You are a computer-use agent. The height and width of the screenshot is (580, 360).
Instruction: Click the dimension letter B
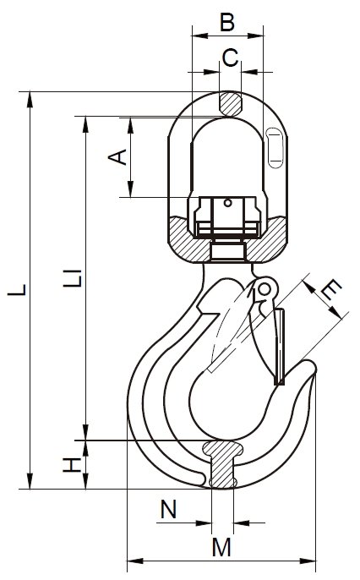tap(227, 21)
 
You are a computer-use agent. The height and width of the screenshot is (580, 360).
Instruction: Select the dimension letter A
tap(117, 157)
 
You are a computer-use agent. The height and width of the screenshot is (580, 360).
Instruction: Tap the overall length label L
tap(17, 290)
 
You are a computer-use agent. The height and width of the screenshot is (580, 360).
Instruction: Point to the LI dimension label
tap(73, 278)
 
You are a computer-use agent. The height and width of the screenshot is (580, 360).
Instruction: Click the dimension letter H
tap(72, 465)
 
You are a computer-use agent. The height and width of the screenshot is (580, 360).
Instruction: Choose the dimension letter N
tap(168, 509)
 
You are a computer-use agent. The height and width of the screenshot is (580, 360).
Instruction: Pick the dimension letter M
tap(221, 547)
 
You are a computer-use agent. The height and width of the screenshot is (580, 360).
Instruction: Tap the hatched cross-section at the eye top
tap(230, 103)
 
